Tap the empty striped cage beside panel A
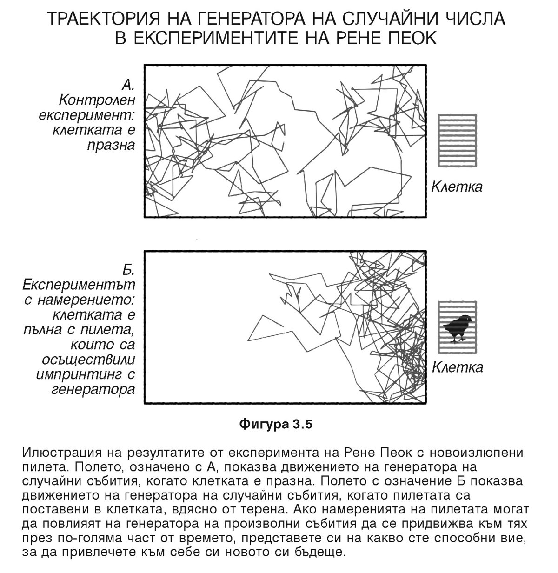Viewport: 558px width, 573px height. click(x=457, y=140)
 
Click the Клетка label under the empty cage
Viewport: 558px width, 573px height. click(x=457, y=187)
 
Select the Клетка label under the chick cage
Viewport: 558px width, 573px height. click(x=458, y=367)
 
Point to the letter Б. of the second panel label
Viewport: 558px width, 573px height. click(x=128, y=270)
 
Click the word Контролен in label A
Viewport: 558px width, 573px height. click(x=97, y=100)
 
